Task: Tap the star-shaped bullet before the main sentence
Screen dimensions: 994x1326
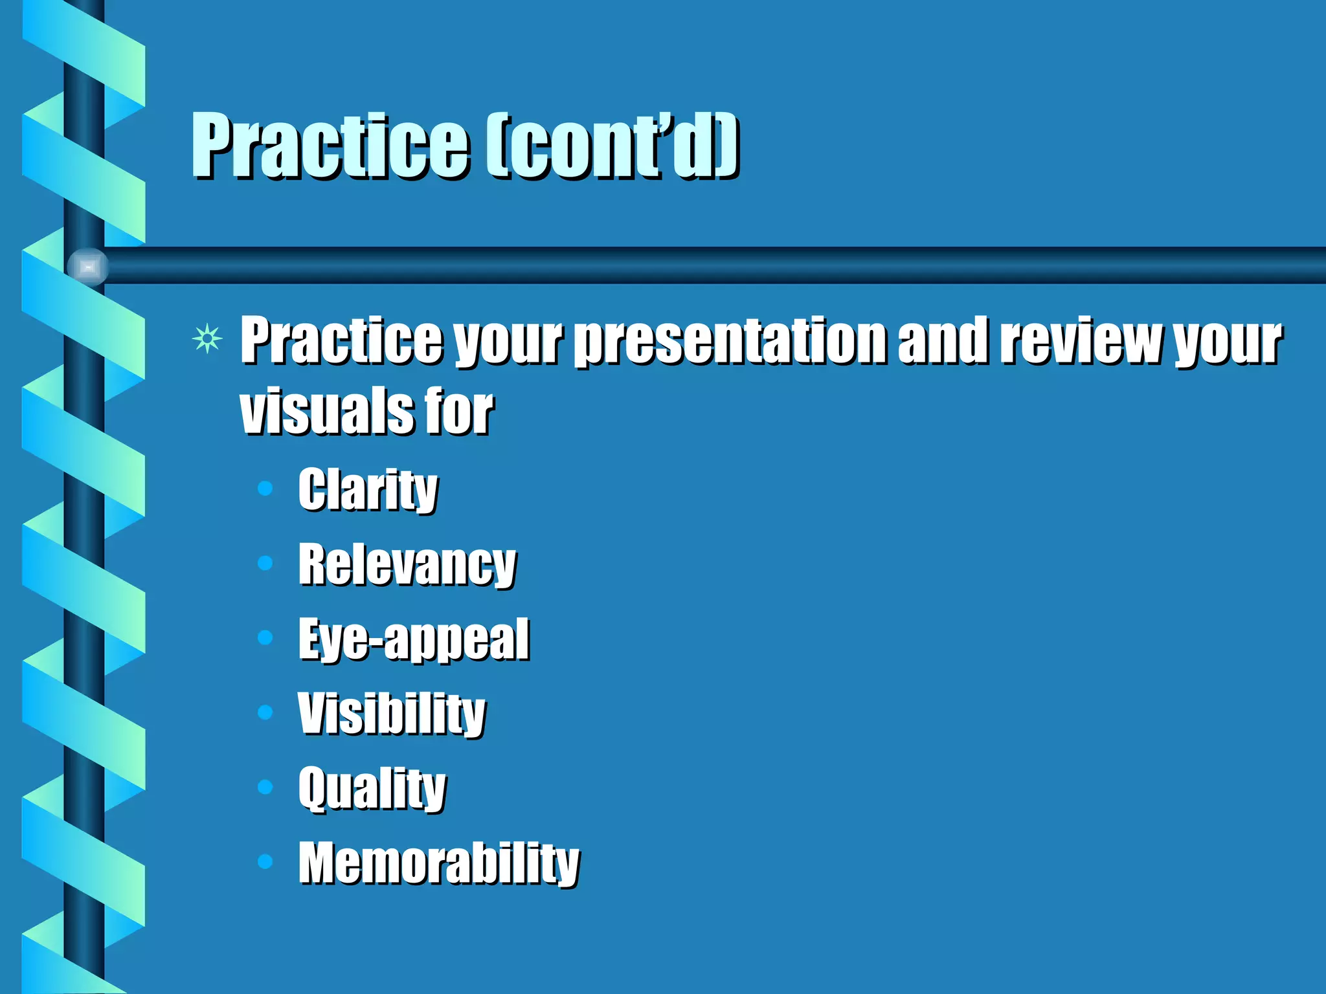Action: [x=207, y=338]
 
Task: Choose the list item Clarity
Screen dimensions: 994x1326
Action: [x=368, y=490]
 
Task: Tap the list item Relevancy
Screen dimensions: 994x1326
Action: [x=407, y=565]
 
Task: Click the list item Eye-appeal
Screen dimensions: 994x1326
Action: [x=413, y=639]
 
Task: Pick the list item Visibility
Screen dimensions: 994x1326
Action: [x=391, y=714]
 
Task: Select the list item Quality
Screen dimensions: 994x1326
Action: [x=372, y=788]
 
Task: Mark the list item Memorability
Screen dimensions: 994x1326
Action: [x=438, y=863]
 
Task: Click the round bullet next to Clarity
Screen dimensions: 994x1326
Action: [x=265, y=488]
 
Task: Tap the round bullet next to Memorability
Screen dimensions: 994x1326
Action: [x=265, y=861]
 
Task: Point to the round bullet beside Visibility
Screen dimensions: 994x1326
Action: [x=265, y=712]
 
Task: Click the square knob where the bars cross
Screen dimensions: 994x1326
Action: [x=88, y=267]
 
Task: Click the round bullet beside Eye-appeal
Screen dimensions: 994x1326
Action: [x=265, y=637]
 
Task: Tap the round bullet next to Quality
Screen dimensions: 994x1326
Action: [x=265, y=787]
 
